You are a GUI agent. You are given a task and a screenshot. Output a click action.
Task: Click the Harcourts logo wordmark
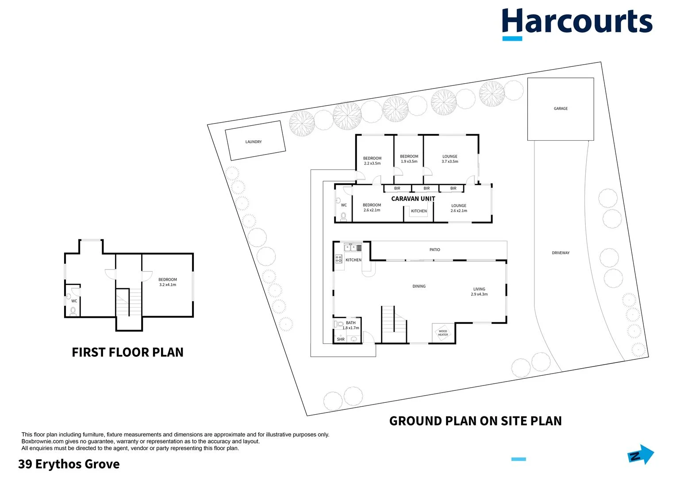(x=577, y=22)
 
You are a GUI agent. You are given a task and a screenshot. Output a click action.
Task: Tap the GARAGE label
(x=561, y=108)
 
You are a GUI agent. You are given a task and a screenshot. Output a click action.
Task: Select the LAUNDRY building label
(x=253, y=142)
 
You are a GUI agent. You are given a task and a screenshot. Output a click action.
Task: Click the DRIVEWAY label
(x=561, y=253)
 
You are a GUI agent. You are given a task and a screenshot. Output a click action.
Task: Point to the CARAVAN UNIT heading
(x=413, y=199)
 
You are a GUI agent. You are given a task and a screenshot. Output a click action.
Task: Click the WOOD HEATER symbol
(x=442, y=332)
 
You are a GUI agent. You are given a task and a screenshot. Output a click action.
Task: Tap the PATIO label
(x=435, y=250)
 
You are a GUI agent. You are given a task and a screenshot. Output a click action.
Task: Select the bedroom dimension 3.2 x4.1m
(x=168, y=285)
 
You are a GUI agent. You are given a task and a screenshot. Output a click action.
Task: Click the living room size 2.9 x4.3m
(x=479, y=294)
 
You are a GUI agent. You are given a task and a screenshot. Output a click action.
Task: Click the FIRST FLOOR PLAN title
(x=127, y=352)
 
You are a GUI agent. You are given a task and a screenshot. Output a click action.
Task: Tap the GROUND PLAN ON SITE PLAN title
(x=475, y=421)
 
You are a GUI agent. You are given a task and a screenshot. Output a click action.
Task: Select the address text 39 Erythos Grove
(x=69, y=464)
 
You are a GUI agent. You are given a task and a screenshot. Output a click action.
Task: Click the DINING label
(x=419, y=286)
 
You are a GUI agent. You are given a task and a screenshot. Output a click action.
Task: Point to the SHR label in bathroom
(x=341, y=339)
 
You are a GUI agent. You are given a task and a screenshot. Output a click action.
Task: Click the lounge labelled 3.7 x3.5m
(x=450, y=159)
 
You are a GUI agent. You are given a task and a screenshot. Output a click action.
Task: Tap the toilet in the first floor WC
(x=73, y=311)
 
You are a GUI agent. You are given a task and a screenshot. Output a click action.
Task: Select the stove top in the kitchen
(x=338, y=258)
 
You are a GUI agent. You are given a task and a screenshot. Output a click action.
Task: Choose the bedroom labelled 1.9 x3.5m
(x=409, y=159)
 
